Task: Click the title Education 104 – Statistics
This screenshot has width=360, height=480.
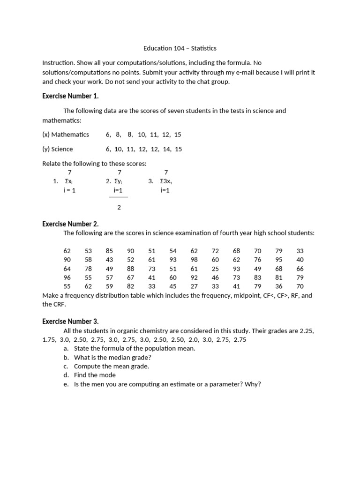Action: click(x=180, y=48)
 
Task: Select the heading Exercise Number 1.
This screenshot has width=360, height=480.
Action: click(x=70, y=96)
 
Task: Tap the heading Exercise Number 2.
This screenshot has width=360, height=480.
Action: click(x=70, y=224)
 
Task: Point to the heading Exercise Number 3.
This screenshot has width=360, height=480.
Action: click(x=70, y=322)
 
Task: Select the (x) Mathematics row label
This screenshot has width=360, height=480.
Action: click(x=66, y=135)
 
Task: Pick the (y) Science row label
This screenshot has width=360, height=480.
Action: click(x=58, y=149)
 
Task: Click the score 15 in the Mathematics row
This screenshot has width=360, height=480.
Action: click(x=177, y=135)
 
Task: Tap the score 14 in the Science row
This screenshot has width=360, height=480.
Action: click(x=165, y=149)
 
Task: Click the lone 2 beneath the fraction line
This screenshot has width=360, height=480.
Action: click(x=119, y=207)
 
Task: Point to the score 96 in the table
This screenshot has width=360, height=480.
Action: click(x=67, y=277)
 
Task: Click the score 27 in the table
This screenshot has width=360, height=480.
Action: click(x=194, y=286)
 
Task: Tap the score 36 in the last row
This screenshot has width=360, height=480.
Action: click(x=279, y=286)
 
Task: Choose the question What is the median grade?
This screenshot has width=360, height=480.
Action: click(x=112, y=357)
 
